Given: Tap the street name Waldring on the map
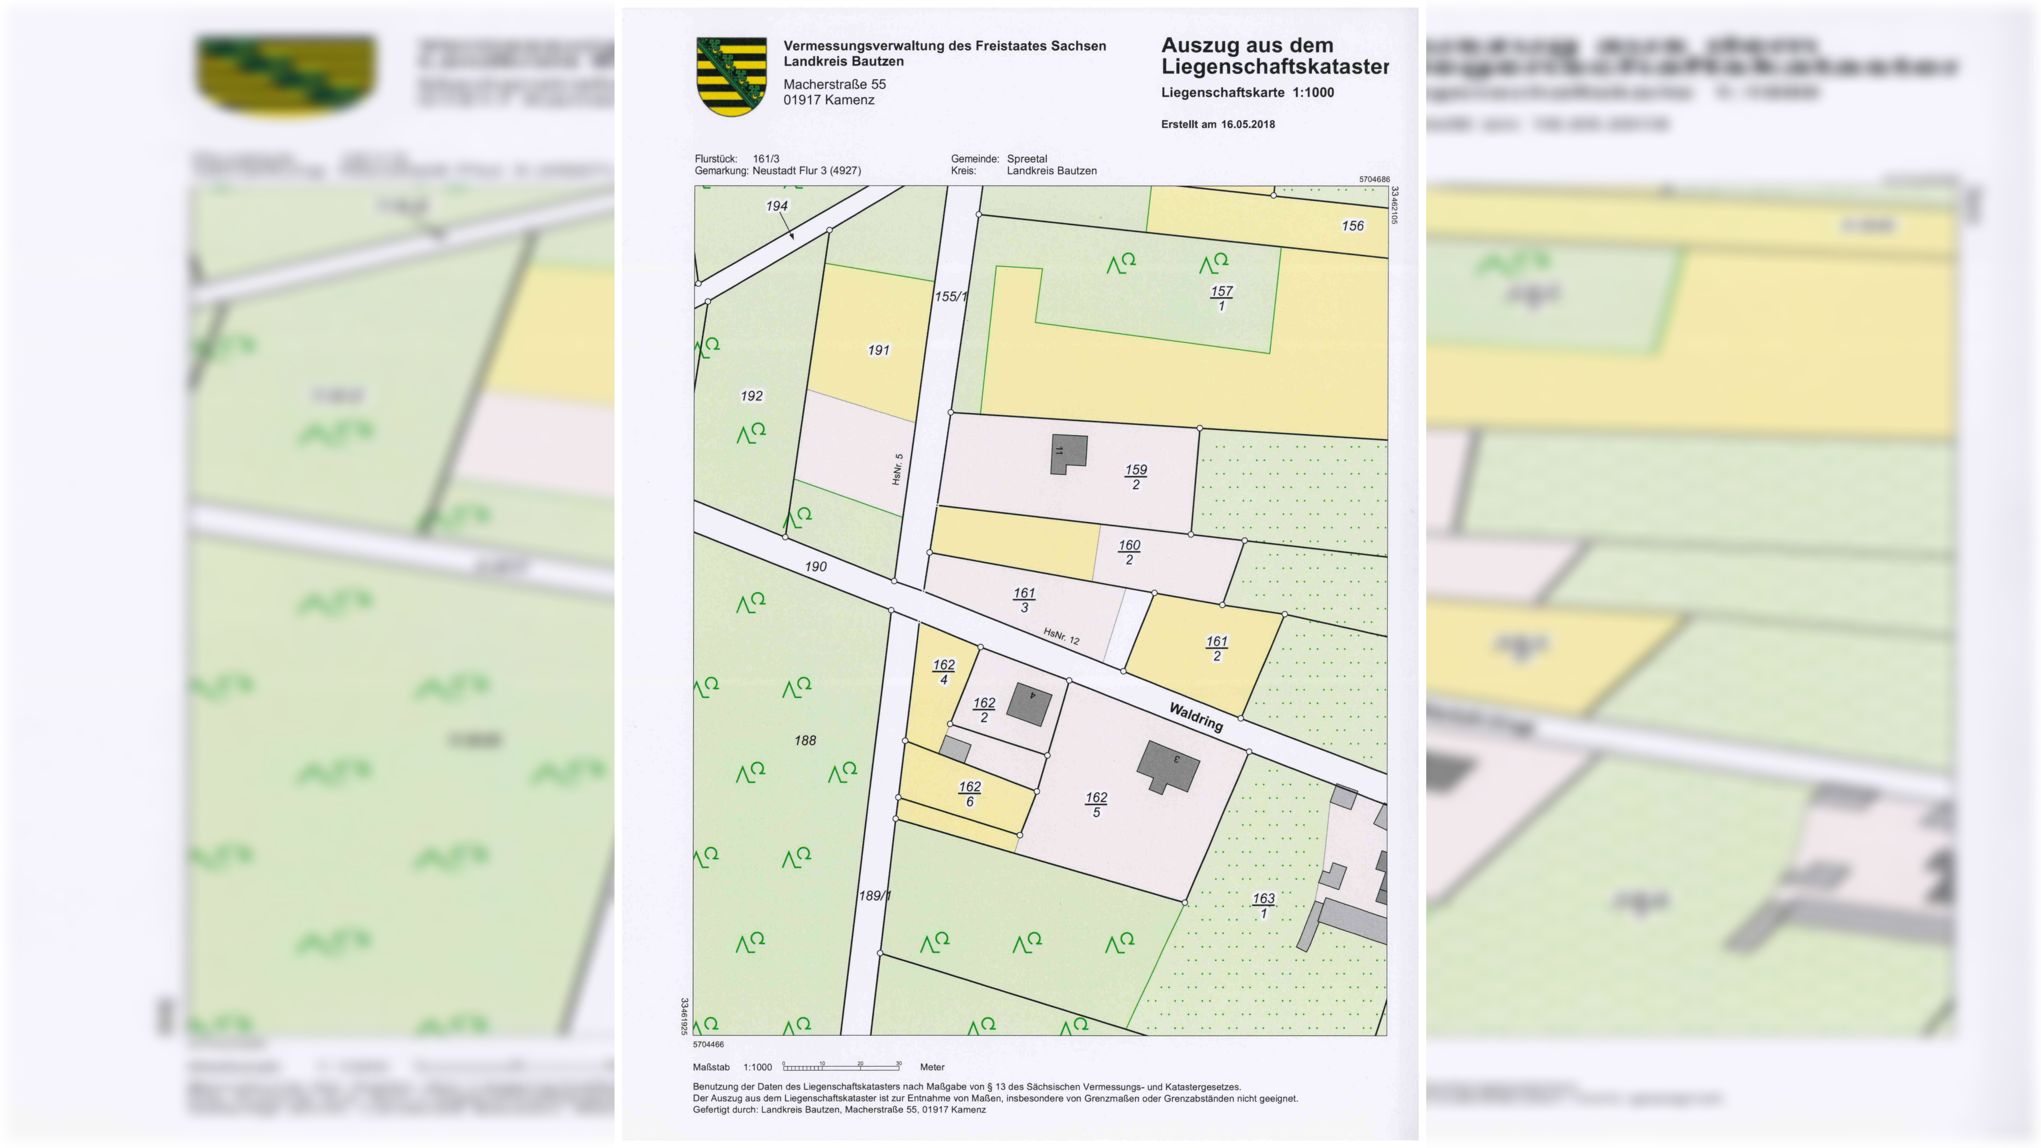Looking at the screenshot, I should [x=1196, y=717].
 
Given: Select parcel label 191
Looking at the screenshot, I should [x=879, y=350].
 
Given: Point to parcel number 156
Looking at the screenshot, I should [x=1353, y=226].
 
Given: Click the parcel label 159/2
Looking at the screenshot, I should [x=1136, y=477].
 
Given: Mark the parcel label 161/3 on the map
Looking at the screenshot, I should [x=1025, y=600].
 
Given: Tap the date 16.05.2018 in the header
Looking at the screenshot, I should [x=1248, y=124].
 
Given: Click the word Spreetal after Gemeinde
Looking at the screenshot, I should [x=1027, y=158].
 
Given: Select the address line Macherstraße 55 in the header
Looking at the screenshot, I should [x=834, y=84].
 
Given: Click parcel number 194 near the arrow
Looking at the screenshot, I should [x=777, y=206].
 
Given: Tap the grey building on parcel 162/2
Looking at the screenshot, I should [x=1029, y=704].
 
